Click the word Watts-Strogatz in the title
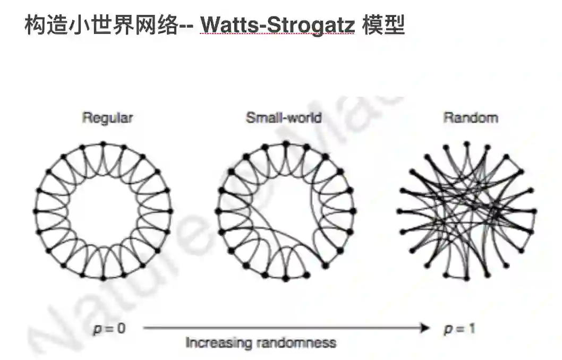[x=278, y=25]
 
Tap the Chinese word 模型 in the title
[x=384, y=25]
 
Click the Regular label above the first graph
[x=107, y=118]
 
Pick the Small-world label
[x=284, y=118]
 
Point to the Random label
[x=471, y=118]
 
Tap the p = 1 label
[x=459, y=329]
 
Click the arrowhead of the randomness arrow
[x=424, y=329]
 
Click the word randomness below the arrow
[x=296, y=343]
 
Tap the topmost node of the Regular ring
[x=104, y=143]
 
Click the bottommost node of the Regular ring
[x=104, y=278]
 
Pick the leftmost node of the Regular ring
[x=36, y=211]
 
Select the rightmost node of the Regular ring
[x=171, y=211]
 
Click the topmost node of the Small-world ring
[x=286, y=143]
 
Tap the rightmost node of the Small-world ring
[x=353, y=211]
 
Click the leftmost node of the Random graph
[x=399, y=211]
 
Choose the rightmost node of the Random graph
[x=534, y=211]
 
